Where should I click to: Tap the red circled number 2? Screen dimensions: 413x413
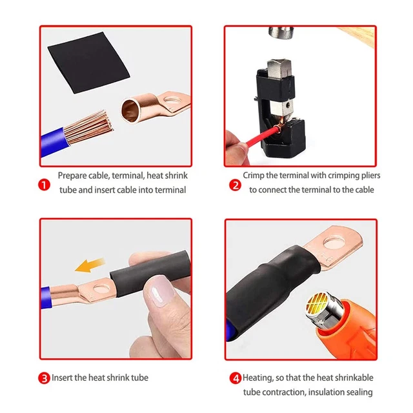tap(235, 185)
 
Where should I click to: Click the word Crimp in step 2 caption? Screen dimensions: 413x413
tap(254, 175)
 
